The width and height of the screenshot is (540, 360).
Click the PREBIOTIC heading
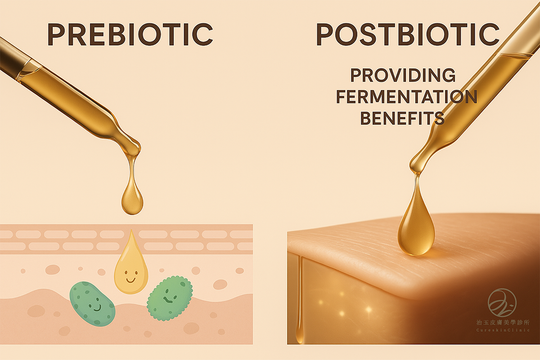pos(130,34)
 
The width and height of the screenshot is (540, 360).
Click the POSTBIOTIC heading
pos(408,34)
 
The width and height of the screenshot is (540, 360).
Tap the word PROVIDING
pos(403,75)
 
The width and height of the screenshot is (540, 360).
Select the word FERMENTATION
pos(406,97)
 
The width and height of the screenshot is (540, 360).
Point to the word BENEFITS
pos(402,118)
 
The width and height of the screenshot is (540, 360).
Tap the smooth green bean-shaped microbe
pos(92,304)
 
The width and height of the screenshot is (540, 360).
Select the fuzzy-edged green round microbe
pos(170,298)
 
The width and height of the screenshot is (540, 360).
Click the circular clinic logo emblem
pos(502,302)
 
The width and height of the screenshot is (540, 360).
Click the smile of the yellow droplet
pos(130,280)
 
